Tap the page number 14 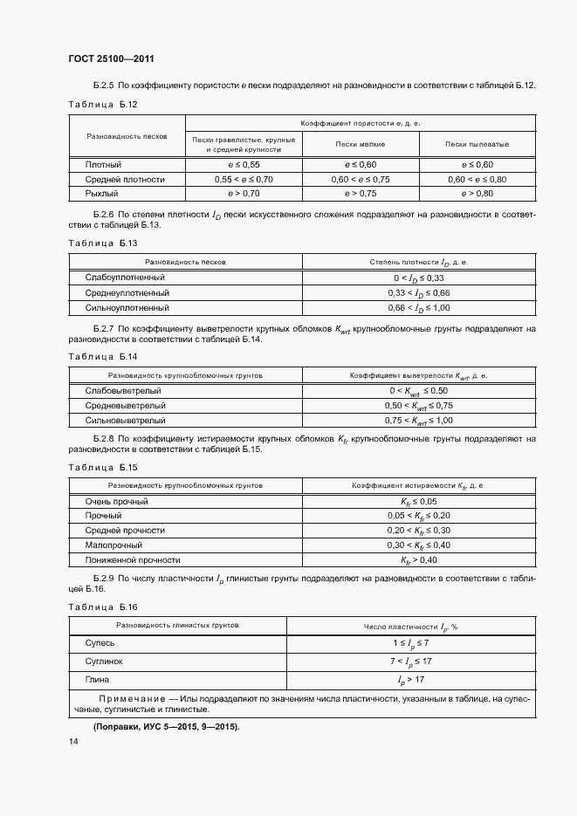pos(73,741)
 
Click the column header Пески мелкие pos(361,144)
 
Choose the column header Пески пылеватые pos(477,144)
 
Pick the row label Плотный pos(103,164)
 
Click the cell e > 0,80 pos(477,193)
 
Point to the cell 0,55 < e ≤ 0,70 pos(244,179)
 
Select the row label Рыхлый pos(102,193)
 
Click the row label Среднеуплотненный pos(127,292)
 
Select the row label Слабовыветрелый pos(123,390)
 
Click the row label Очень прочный pos(116,502)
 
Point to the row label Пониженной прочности pos(133,559)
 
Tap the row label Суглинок pos(104,661)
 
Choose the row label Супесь pos(100,642)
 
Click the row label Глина pos(98,678)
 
